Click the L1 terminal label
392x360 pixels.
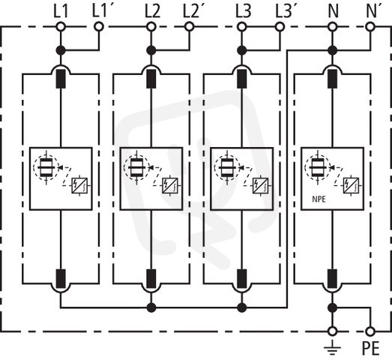click(x=61, y=11)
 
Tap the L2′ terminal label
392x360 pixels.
click(x=191, y=11)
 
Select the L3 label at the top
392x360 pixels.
click(x=243, y=11)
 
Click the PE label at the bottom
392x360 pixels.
click(x=371, y=348)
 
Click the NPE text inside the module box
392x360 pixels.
click(x=319, y=199)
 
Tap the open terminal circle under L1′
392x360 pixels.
click(x=99, y=26)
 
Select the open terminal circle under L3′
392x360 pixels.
click(x=280, y=26)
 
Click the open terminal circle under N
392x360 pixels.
click(x=332, y=26)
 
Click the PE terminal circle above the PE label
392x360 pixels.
click(x=370, y=331)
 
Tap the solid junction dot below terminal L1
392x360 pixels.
click(x=61, y=50)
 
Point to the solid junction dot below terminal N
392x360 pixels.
click(x=332, y=50)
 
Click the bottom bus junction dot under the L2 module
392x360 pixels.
click(x=151, y=307)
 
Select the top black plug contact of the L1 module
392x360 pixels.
click(x=61, y=79)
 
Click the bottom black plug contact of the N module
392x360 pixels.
click(x=332, y=279)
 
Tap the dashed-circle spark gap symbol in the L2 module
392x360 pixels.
click(x=136, y=167)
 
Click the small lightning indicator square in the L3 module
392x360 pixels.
click(x=260, y=186)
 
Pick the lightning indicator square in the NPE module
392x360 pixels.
click(x=351, y=186)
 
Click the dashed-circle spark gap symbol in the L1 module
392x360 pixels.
click(x=46, y=167)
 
